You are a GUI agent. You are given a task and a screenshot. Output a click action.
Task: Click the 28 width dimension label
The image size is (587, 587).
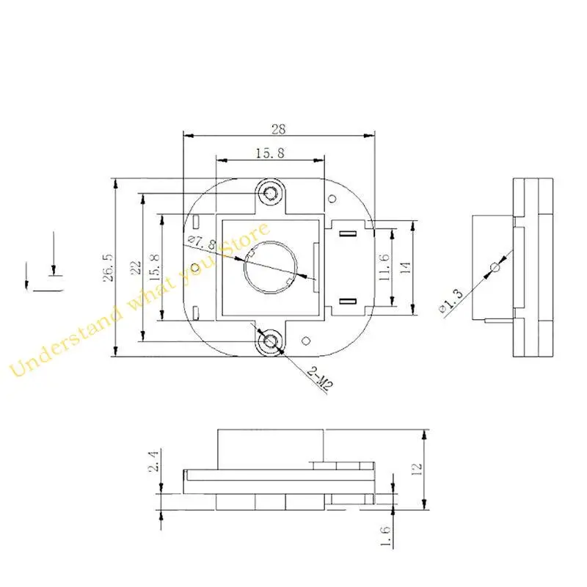278,129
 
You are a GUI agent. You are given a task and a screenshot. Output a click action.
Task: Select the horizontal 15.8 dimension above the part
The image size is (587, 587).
269,153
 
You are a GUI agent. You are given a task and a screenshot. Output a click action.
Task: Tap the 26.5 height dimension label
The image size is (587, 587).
108,268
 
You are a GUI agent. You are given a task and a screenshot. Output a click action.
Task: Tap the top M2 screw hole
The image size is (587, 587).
271,193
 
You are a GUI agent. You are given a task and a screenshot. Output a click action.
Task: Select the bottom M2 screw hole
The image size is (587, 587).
271,340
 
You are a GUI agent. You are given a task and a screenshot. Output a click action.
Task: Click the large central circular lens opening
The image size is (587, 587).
271,267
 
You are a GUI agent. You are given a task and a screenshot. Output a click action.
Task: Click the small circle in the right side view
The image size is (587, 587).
495,267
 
